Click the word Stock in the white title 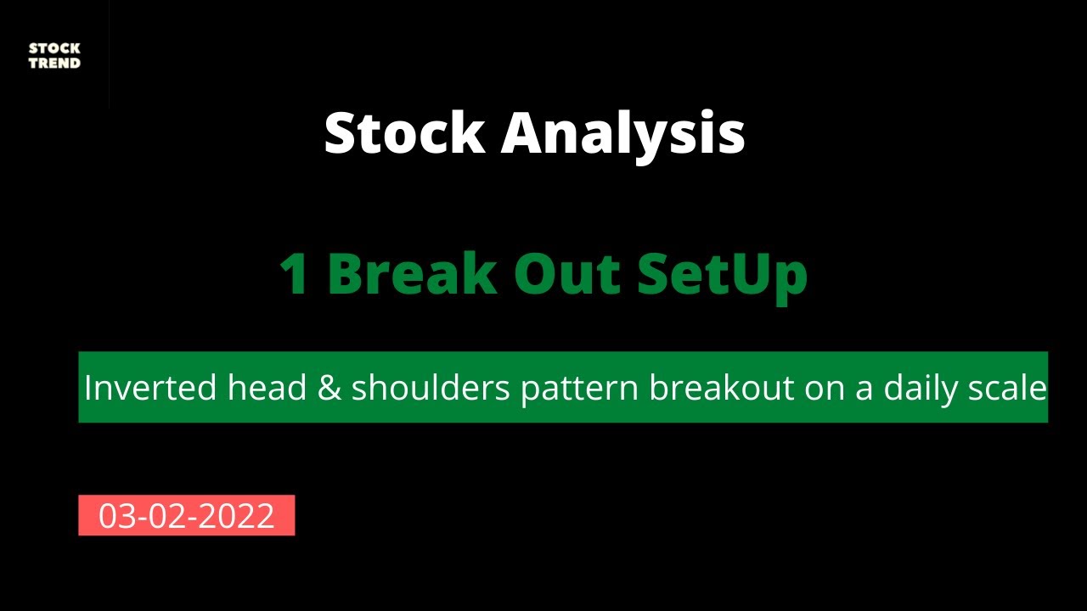tap(405, 132)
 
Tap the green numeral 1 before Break tap(294, 273)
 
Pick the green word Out tap(567, 273)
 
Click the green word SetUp tap(723, 277)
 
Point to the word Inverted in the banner tap(150, 388)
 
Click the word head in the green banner tap(267, 387)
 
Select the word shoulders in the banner tap(431, 387)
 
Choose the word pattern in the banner tap(580, 390)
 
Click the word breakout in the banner tap(722, 387)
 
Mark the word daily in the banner tap(920, 390)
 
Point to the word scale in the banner tap(1007, 387)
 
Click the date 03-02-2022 tap(186, 515)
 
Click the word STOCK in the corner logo tap(54, 48)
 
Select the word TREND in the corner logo tap(54, 63)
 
